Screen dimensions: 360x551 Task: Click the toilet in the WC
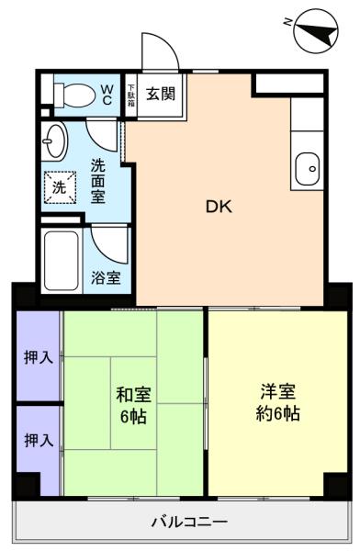point(74,95)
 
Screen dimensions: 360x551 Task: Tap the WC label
point(107,95)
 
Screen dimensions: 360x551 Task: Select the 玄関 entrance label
point(161,95)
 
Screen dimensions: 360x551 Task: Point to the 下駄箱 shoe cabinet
point(131,95)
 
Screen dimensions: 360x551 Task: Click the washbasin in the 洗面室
point(54,141)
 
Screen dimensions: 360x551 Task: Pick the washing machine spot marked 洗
point(60,187)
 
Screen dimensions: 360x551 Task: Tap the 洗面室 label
point(98,181)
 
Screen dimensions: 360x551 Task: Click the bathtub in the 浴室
point(62,261)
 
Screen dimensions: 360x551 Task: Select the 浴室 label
point(106,278)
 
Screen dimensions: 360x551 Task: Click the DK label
point(219,207)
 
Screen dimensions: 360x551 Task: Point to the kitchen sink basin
point(308,169)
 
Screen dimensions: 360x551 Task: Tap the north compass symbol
point(316,31)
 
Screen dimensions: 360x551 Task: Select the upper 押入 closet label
point(39,358)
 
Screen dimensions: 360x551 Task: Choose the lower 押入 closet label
point(39,440)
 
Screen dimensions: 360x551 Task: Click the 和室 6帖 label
point(133,405)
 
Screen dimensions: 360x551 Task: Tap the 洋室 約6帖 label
point(277,402)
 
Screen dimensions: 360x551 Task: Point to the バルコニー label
point(190,522)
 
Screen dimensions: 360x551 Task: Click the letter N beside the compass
point(287,22)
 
